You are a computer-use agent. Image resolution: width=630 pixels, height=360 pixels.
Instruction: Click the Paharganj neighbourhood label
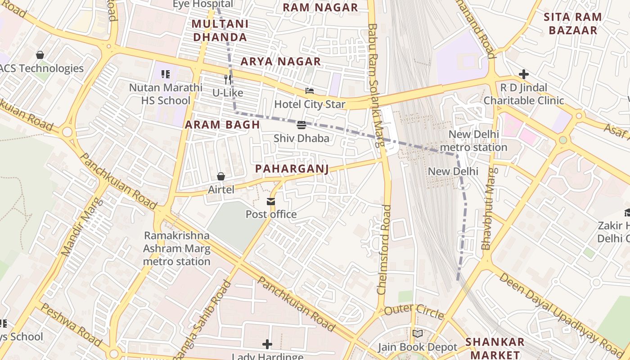tap(292, 169)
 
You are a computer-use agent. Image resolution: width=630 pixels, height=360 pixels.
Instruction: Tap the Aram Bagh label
tap(222, 125)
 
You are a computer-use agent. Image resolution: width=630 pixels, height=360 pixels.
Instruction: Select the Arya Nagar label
tap(280, 61)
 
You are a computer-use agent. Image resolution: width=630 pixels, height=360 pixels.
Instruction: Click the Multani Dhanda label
tap(220, 30)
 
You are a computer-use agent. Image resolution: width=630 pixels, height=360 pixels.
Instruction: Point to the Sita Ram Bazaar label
tap(572, 24)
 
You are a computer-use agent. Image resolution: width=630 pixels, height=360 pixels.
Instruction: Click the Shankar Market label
tap(495, 348)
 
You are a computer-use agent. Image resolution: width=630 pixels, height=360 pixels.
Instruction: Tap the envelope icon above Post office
tap(271, 202)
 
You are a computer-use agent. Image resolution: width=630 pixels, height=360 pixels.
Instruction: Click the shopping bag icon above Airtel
tap(221, 176)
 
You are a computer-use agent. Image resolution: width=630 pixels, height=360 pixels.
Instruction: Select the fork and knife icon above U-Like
tap(228, 80)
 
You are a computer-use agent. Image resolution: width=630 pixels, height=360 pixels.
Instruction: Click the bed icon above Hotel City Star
tap(310, 91)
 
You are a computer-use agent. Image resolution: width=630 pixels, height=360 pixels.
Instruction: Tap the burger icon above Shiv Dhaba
tap(301, 125)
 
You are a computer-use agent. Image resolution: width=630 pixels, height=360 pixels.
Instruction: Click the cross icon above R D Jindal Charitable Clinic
tap(523, 74)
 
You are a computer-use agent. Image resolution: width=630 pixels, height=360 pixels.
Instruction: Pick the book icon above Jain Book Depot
tap(418, 334)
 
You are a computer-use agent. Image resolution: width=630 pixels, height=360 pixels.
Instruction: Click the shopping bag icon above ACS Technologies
tap(40, 55)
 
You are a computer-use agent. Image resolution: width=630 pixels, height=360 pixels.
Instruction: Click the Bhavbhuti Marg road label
tap(490, 208)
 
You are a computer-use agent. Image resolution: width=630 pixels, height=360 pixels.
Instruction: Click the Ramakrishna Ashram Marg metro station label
tap(176, 248)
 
